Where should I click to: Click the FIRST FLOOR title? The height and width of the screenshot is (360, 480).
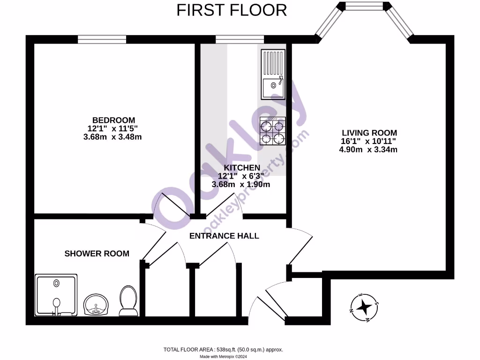point(232,10)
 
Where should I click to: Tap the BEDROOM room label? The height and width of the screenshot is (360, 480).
point(113,120)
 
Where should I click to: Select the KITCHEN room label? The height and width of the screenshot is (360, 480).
point(241,168)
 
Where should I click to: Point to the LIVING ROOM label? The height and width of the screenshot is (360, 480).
point(369,133)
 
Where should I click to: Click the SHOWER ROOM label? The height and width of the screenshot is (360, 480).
point(97,254)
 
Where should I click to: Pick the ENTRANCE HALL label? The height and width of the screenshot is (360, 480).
point(224,236)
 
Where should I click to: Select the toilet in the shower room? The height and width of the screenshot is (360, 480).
point(128,300)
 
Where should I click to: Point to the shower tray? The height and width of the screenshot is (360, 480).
point(56,295)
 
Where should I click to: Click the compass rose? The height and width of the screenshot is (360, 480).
point(364,307)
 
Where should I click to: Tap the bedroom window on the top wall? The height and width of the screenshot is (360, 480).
point(102,39)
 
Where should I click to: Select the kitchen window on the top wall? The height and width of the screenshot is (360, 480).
point(240,39)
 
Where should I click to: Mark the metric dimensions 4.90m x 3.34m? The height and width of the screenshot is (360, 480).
point(368,150)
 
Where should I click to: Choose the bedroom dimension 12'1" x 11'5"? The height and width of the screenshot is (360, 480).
point(113,128)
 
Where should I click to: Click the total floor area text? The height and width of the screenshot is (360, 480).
point(223,349)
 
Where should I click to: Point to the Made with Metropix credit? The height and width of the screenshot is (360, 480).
point(223,356)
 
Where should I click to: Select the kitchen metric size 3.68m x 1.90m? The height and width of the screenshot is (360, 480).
point(241,184)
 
